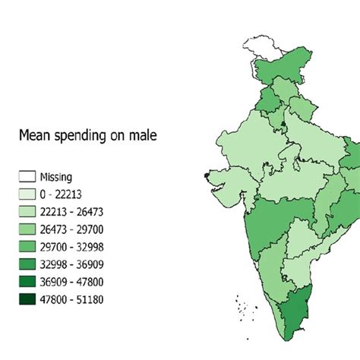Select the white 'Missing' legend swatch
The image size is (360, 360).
27,177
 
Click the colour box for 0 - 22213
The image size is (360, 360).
27,194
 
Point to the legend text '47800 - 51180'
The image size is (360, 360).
76,299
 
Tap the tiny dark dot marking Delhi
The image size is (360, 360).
284,122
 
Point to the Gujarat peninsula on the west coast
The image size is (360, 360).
226,181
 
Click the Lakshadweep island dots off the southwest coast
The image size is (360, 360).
241,306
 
